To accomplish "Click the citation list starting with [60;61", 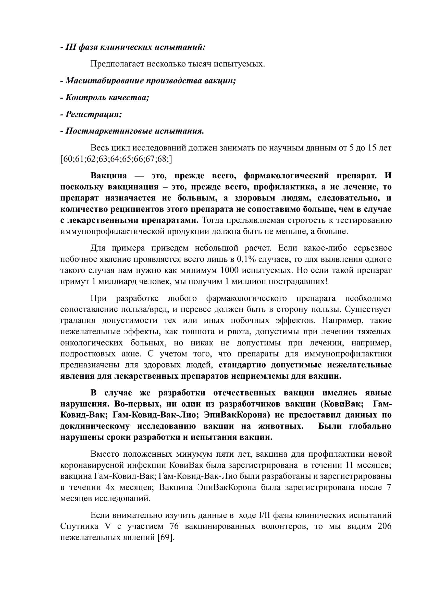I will coord(116,159).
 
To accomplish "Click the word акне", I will coord(133,354).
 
